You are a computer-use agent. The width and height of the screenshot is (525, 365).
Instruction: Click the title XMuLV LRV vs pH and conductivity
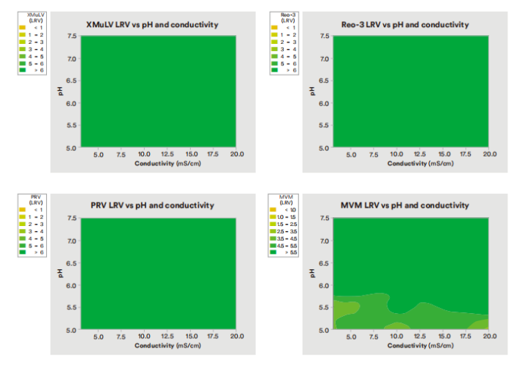click(x=151, y=24)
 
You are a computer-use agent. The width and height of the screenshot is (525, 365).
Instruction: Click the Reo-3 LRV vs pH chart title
click(x=405, y=24)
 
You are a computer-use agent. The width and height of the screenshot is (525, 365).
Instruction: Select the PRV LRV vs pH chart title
click(x=152, y=206)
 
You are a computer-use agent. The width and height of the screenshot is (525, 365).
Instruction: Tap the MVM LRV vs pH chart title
click(x=405, y=206)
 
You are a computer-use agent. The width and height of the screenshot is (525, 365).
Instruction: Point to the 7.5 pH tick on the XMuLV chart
click(x=72, y=35)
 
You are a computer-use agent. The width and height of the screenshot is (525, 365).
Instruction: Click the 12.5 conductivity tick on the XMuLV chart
click(x=167, y=154)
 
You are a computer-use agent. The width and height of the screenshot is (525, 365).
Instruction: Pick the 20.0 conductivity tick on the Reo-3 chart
click(x=489, y=154)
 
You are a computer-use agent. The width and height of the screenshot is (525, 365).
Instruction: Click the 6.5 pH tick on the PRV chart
click(x=72, y=263)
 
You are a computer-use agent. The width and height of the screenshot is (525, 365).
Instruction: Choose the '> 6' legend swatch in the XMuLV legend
click(x=22, y=71)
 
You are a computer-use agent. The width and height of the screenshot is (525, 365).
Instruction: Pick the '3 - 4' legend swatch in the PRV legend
click(x=22, y=231)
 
